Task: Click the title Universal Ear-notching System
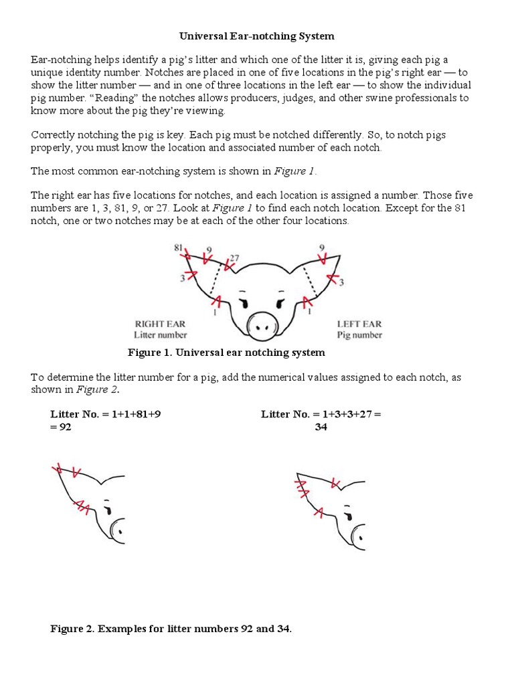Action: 256,35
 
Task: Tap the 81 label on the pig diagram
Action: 179,247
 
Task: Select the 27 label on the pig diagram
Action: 234,258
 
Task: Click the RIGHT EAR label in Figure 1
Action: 160,324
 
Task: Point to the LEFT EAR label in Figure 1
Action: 359,324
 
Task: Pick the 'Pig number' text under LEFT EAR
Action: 359,334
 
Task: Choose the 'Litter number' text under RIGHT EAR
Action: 161,334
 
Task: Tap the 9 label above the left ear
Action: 323,247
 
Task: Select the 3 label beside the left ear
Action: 341,283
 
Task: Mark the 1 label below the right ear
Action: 214,312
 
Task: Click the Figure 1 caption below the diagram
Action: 226,353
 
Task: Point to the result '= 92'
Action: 61,427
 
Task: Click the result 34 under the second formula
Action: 321,427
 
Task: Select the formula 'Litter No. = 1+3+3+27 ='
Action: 321,414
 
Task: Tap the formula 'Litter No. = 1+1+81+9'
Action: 105,414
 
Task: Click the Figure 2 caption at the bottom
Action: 171,629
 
